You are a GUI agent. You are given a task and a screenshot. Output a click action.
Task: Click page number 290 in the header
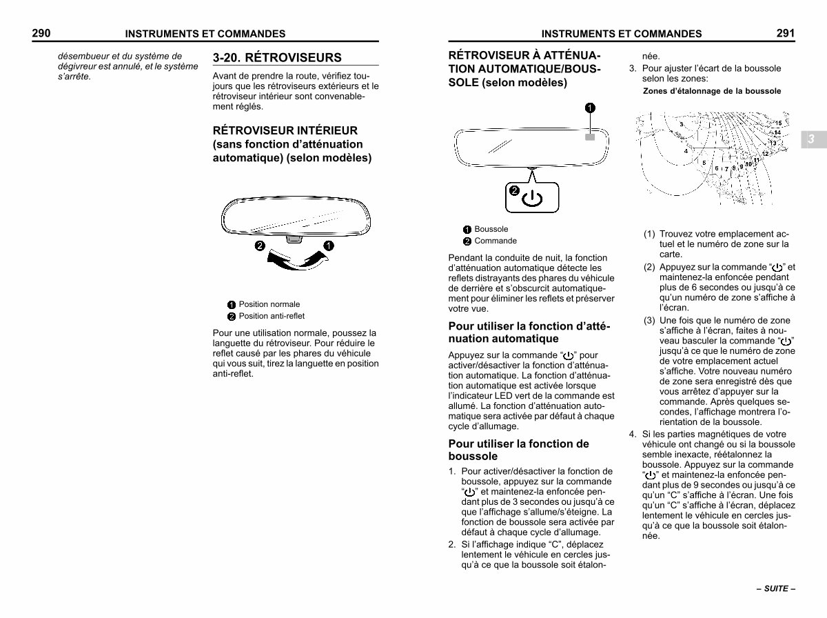41,32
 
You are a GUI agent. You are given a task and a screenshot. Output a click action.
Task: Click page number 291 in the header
786,32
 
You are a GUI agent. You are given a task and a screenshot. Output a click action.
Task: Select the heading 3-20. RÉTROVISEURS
277,57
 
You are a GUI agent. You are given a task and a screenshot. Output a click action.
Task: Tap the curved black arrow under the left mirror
295,260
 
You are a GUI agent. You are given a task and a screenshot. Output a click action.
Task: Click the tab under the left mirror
294,239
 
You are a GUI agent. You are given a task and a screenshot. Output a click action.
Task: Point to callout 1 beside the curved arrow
329,246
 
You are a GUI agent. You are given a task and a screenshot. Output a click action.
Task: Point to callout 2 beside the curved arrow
259,246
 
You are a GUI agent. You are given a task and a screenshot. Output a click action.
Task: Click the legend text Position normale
269,304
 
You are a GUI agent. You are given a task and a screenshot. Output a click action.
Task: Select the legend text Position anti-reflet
272,316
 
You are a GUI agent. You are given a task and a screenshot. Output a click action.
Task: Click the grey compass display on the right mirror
589,137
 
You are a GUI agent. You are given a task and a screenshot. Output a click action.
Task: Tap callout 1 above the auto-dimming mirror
590,107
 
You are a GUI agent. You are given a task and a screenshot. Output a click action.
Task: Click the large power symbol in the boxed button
532,199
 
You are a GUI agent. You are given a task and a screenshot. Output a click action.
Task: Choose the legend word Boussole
491,229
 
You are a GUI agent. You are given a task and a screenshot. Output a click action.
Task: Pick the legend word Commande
496,241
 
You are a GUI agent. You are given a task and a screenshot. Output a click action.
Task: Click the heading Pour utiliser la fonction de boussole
518,450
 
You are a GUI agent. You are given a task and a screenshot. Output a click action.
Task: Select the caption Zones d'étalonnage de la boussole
712,91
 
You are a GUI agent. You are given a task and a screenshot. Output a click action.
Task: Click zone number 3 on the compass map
682,124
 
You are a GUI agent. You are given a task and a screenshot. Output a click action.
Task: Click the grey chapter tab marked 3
811,139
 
